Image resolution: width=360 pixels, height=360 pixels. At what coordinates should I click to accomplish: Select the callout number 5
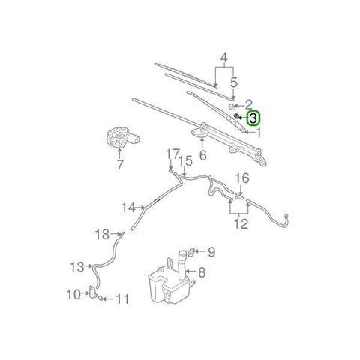pos(234,82)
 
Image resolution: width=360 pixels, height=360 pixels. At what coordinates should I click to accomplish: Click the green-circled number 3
pos(253,118)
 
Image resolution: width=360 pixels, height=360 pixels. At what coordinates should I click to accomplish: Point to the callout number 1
pos(259,133)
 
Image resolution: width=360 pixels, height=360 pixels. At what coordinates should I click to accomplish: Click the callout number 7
pos(118,166)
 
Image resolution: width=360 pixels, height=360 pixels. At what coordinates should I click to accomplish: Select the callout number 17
pos(172,154)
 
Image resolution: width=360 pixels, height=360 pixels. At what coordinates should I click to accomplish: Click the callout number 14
pos(127,206)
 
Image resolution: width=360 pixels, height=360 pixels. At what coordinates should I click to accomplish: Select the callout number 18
pos(101,235)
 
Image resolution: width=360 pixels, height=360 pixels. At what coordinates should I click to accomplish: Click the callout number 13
pos(77,266)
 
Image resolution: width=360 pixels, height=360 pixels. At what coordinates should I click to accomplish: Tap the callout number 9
pos(211,251)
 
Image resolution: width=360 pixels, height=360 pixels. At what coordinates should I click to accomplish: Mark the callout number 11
pos(121,299)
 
